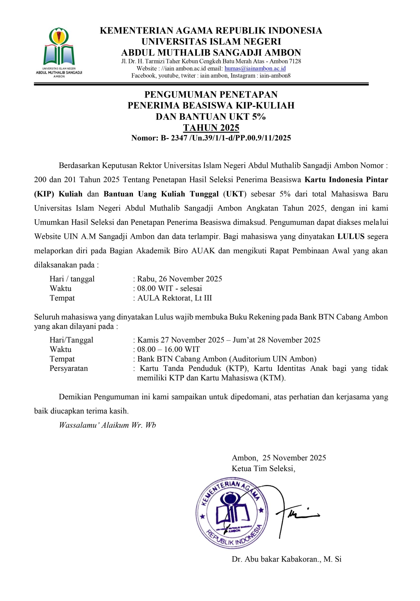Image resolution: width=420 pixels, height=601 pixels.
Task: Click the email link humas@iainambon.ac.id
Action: point(255,69)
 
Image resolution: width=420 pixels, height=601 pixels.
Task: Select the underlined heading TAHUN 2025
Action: point(211,127)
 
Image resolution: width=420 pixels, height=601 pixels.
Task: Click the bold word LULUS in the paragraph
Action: point(351,236)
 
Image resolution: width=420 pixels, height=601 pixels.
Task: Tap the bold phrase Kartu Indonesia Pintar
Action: point(346,180)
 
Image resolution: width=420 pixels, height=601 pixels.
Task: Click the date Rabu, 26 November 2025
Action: point(180,279)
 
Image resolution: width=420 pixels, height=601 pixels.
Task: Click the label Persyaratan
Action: point(69,368)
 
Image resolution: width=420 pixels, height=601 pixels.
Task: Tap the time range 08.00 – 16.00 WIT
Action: point(169,349)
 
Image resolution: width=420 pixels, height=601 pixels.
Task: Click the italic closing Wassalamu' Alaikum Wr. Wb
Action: point(107,425)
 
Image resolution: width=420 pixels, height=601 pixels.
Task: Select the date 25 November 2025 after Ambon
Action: point(294,458)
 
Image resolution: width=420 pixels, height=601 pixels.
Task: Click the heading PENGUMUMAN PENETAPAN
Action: point(211,94)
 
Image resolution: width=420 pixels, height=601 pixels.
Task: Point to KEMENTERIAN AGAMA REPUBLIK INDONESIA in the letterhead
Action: point(211,31)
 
